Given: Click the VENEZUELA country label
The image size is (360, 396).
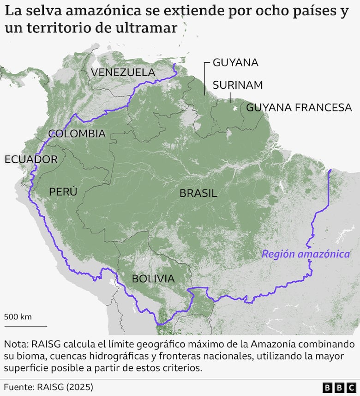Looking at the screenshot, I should pyautogui.click(x=123, y=72).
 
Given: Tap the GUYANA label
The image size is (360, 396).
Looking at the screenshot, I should pyautogui.click(x=235, y=62).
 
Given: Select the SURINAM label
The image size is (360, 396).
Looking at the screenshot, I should pyautogui.click(x=238, y=85).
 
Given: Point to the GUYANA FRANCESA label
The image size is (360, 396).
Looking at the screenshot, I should pyautogui.click(x=299, y=108).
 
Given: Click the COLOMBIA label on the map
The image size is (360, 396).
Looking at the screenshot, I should pyautogui.click(x=77, y=134).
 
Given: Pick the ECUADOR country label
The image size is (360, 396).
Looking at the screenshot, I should pyautogui.click(x=31, y=159).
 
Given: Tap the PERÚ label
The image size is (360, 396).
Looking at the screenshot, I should pyautogui.click(x=63, y=192).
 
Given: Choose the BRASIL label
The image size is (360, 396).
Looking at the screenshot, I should pyautogui.click(x=198, y=193).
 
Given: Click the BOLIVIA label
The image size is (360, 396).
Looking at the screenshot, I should pyautogui.click(x=153, y=279).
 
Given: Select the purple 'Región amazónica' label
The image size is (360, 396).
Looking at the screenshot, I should pyautogui.click(x=306, y=254).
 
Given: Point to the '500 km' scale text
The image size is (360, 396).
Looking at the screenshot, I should pyautogui.click(x=18, y=317).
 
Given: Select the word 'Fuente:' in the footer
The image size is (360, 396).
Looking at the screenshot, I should pyautogui.click(x=19, y=387).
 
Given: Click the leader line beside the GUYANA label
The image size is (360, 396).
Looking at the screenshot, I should pyautogui.click(x=204, y=79).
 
